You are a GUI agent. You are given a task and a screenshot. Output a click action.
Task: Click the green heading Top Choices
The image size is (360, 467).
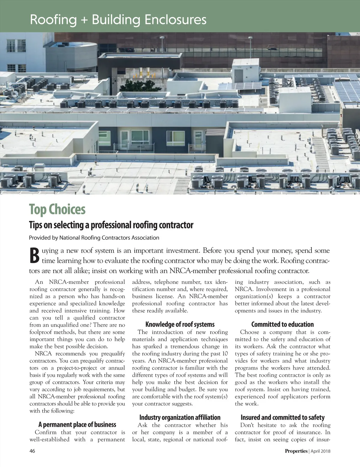(x=57, y=210)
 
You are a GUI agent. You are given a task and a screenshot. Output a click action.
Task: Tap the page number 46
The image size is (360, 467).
(x=32, y=451)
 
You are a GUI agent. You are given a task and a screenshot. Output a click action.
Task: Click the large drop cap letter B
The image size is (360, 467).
(x=34, y=255)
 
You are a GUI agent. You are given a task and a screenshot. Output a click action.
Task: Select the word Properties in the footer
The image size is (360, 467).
(x=296, y=451)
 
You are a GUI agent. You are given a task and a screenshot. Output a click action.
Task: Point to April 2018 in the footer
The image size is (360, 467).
(x=320, y=451)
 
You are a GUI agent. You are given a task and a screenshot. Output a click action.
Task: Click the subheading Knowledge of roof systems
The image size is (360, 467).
(x=180, y=324)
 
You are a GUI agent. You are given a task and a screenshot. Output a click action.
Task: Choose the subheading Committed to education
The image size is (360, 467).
(x=282, y=324)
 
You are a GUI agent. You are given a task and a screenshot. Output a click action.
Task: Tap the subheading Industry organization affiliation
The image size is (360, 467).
(x=180, y=417)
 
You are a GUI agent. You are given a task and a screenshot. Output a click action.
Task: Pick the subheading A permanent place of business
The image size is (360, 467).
(x=77, y=424)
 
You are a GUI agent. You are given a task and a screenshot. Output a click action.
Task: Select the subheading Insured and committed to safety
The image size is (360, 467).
(x=282, y=417)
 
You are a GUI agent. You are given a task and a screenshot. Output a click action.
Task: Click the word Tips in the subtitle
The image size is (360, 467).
(x=35, y=225)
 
